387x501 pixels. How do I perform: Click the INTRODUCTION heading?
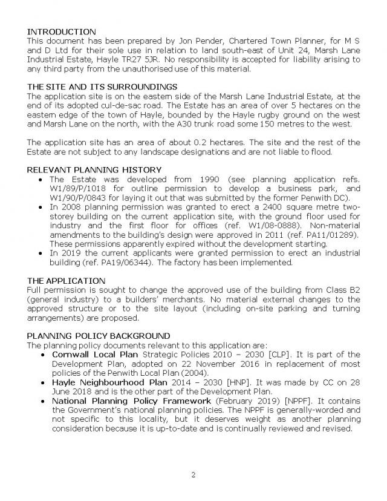coord(62,31)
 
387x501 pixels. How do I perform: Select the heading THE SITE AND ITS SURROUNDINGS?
coord(102,87)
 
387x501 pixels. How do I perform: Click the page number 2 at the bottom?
coord(193,474)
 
